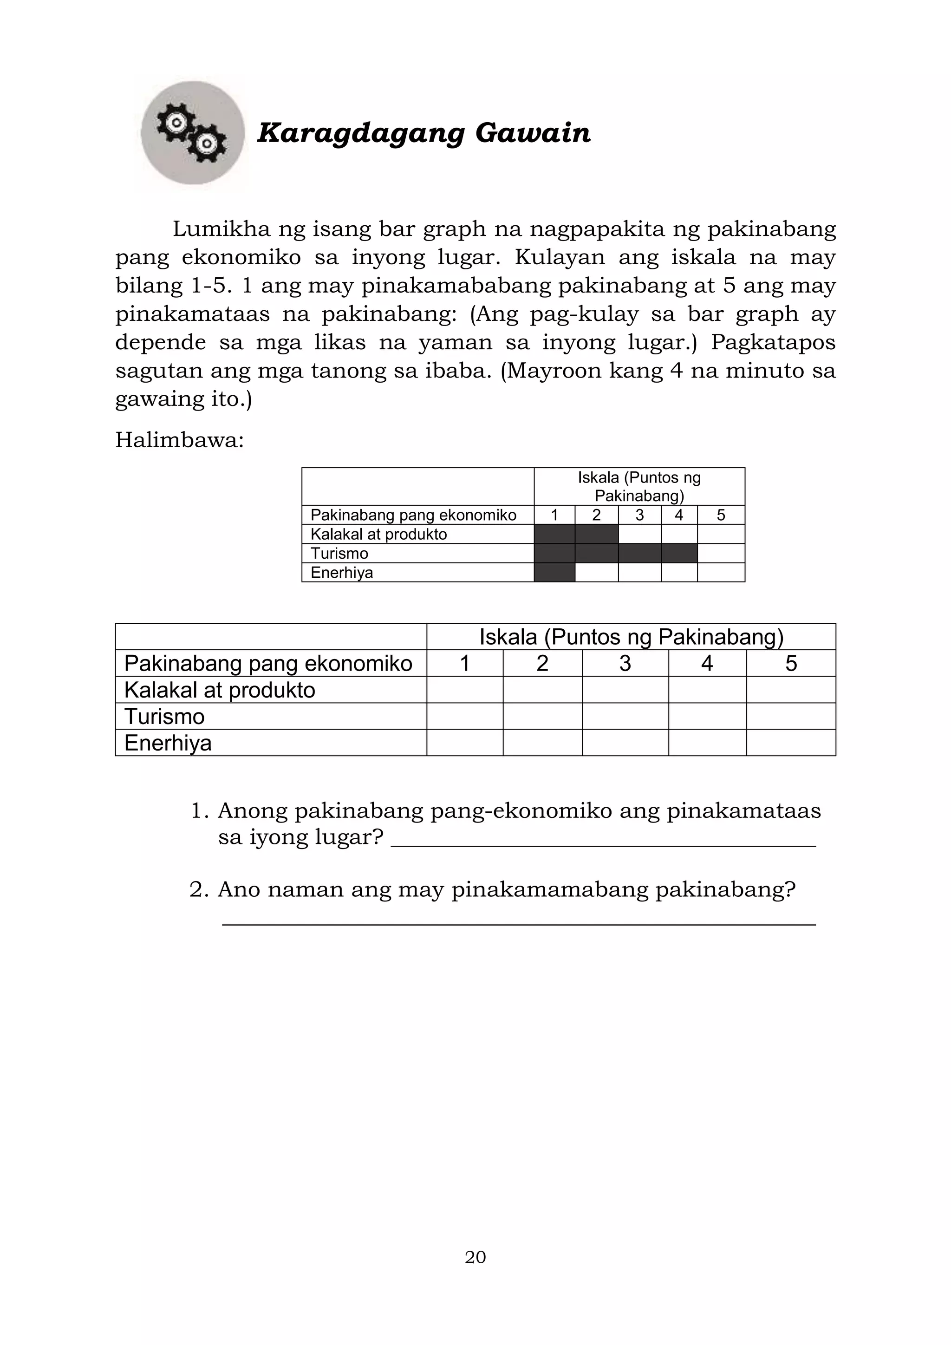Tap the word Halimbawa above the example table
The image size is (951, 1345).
point(179,439)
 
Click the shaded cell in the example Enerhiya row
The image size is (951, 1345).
point(554,572)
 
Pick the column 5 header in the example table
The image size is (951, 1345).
point(720,515)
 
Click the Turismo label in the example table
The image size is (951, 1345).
point(339,554)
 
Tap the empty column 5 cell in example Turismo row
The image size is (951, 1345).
point(720,554)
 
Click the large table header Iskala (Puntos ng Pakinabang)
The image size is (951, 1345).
point(631,637)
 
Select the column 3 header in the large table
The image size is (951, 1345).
point(625,663)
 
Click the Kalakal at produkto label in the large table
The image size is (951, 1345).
point(220,690)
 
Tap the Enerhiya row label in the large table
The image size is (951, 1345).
point(168,743)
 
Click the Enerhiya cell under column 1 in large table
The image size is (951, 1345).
point(464,743)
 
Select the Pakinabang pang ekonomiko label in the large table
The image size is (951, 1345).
point(268,663)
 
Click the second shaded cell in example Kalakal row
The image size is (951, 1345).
point(596,534)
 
